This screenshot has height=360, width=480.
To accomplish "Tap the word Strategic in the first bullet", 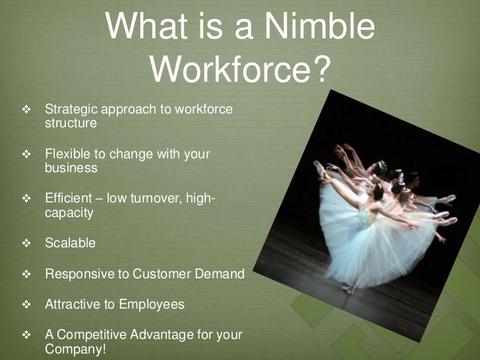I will pyautogui.click(x=69, y=109).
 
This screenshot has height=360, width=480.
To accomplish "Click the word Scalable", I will pyautogui.click(x=70, y=243).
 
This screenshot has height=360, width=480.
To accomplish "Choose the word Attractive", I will pyautogui.click(x=71, y=305).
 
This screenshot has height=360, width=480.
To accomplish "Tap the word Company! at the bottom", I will pyautogui.click(x=75, y=349).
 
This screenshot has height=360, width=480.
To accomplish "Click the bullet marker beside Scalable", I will pyautogui.click(x=26, y=243).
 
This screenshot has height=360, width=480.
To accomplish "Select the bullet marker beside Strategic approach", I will pyautogui.click(x=26, y=109).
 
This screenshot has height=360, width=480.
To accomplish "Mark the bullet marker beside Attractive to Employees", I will pyautogui.click(x=26, y=305).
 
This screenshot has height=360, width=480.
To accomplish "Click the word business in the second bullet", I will pyautogui.click(x=71, y=168).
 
